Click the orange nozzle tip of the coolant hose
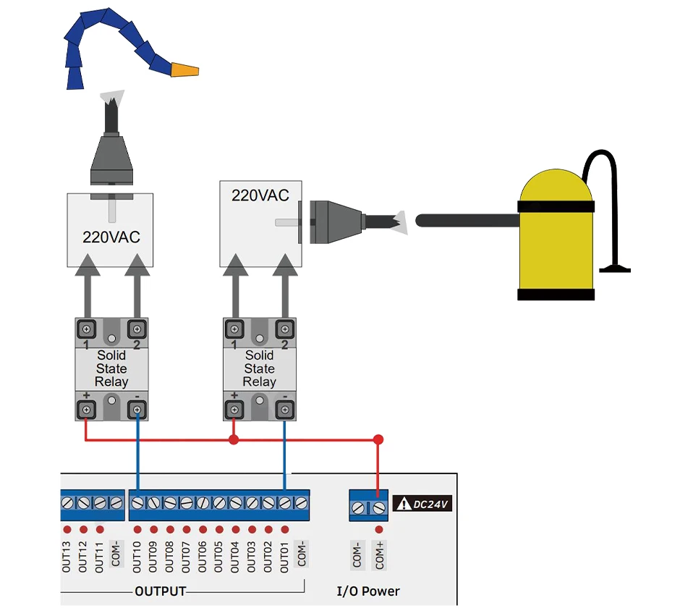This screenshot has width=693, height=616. pos(184,70)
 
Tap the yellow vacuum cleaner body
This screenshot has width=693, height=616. pos(556,235)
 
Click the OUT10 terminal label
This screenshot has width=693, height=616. pos(137,557)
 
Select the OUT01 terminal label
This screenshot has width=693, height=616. pos(284,557)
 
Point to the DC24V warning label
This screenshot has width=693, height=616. pos(422,504)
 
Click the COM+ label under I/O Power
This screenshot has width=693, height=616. pos(379,555)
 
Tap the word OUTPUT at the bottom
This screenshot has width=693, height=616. pos(161,591)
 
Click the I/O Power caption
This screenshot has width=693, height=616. pos(368,591)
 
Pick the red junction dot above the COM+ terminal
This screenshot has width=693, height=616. pos(378,439)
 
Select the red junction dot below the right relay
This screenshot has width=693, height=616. pos(234,439)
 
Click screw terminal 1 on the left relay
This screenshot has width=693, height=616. pos(87,329)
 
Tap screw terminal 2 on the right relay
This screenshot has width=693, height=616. pos(284,329)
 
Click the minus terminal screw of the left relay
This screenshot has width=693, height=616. pos(137,410)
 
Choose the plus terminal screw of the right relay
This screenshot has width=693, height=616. pos(234,410)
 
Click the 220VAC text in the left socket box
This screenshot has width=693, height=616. pos(111,237)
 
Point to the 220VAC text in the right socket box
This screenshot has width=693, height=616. pos(260,195)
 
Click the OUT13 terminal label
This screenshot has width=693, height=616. pos(67,557)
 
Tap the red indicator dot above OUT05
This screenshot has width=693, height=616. pos(219,529)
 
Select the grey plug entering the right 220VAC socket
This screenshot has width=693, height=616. pos(336,222)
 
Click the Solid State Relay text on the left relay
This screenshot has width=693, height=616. pos(111,368)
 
